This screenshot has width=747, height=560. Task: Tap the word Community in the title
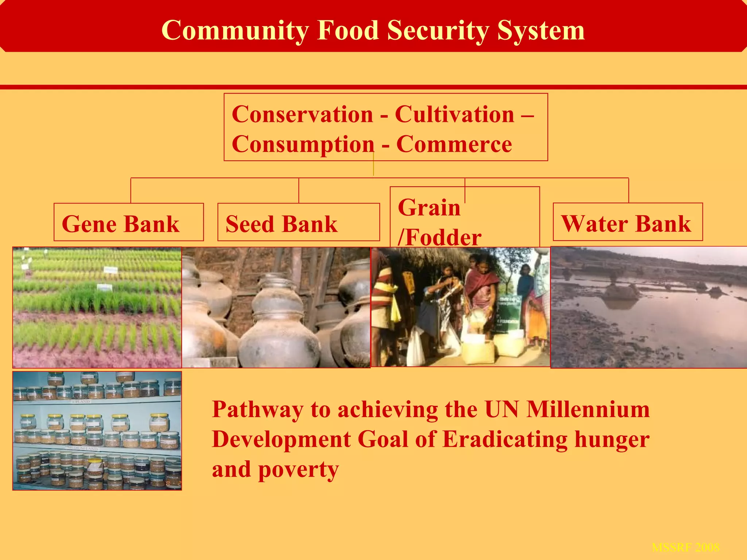tap(235, 31)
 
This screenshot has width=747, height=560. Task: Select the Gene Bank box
tap(128, 222)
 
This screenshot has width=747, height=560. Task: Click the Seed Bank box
tap(298, 222)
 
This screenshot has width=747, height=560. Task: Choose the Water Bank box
tap(627, 222)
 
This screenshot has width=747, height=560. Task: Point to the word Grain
tap(429, 207)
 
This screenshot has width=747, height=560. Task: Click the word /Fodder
tap(440, 237)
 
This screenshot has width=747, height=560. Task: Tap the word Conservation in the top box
tap(302, 114)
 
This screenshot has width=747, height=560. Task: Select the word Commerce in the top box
tap(454, 144)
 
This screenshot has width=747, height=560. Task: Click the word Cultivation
tap(454, 114)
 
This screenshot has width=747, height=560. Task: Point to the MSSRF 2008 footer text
tap(685, 547)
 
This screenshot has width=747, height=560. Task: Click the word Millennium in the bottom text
tap(588, 409)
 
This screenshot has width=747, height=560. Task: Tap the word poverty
tap(298, 470)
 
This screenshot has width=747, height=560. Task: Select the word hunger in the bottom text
tap(612, 439)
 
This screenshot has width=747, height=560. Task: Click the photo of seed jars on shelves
tap(97, 431)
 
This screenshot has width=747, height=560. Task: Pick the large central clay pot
tap(279, 328)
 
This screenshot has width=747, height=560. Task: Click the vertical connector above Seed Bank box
tap(299, 190)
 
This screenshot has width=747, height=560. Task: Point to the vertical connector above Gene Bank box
tap(131, 190)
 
